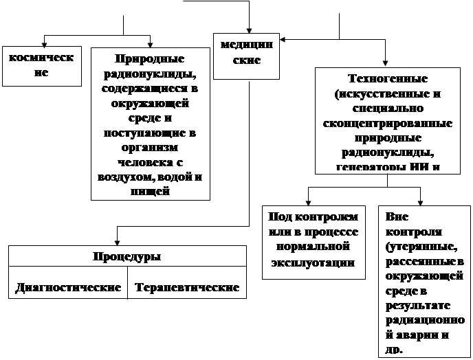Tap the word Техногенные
388,79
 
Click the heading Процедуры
126,257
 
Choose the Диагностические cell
68,287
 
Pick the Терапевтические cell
187,287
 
